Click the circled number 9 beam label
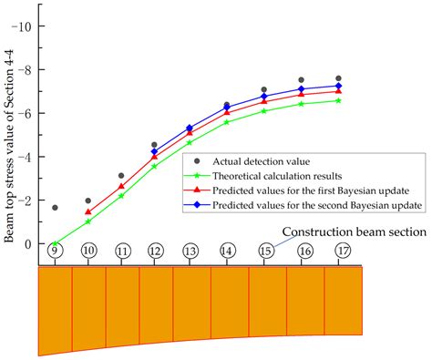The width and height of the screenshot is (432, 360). click(55, 251)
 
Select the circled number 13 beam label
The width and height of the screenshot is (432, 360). click(190, 251)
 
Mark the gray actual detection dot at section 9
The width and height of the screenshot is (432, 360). click(55, 208)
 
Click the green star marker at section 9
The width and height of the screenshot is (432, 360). click(55, 244)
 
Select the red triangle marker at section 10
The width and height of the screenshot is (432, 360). click(88, 211)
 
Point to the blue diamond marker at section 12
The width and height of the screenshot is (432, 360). click(154, 151)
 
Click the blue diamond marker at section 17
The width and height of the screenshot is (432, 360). click(339, 86)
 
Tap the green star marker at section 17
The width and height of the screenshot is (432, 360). click(339, 100)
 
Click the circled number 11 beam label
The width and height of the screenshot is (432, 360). click(122, 251)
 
